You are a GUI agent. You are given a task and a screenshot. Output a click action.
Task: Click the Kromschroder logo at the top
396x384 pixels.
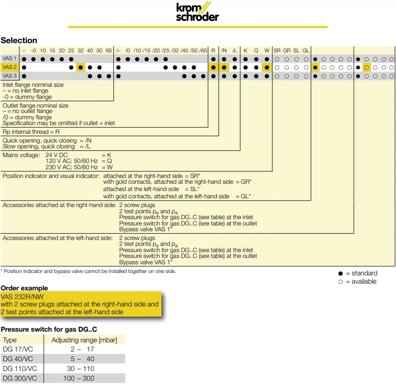click(197, 12)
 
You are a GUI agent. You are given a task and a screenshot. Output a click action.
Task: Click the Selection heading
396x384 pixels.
click(19, 40)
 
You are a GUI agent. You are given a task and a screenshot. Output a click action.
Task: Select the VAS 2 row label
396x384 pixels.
click(10, 67)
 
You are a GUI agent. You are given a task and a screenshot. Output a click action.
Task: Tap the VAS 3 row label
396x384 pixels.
click(10, 76)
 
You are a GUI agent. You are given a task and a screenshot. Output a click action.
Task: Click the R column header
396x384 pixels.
click(213, 50)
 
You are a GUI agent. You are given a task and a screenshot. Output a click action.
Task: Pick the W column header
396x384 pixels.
click(267, 50)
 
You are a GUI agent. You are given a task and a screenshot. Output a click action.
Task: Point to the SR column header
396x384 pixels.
click(277, 50)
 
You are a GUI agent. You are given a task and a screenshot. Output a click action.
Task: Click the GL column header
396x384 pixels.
click(306, 50)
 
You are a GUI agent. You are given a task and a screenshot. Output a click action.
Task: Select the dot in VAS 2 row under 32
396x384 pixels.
click(80, 67)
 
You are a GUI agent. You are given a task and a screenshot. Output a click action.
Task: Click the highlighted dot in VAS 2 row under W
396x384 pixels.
click(267, 67)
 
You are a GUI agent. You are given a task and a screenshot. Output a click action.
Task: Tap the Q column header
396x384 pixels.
click(256, 50)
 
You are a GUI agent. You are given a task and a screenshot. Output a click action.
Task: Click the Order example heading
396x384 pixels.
click(24, 288)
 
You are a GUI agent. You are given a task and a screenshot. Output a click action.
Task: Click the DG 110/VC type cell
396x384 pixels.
click(18, 368)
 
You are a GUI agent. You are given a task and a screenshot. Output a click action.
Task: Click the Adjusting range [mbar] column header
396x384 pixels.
click(84, 340)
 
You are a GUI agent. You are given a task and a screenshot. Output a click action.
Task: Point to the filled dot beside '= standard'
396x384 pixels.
click(341, 273)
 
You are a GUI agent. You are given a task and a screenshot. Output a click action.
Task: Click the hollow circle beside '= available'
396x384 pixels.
click(341, 282)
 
